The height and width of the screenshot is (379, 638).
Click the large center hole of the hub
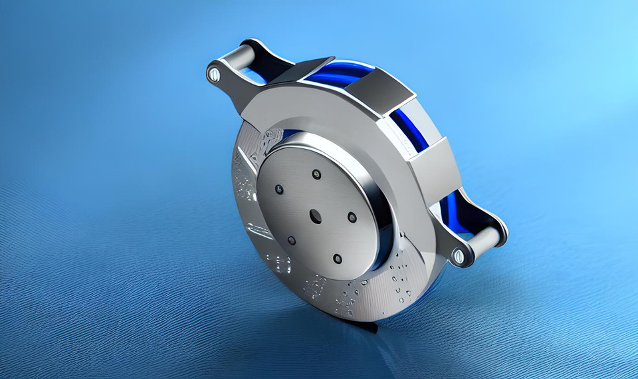[316, 215]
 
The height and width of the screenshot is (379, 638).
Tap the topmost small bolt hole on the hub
[316, 175]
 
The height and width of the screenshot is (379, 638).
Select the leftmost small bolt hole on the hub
[279, 189]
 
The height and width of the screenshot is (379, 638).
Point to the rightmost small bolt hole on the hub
[352, 217]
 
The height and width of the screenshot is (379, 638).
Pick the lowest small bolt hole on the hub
[338, 258]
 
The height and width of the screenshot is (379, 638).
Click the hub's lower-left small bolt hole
[291, 240]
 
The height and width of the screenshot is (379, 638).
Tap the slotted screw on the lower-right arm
[459, 255]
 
